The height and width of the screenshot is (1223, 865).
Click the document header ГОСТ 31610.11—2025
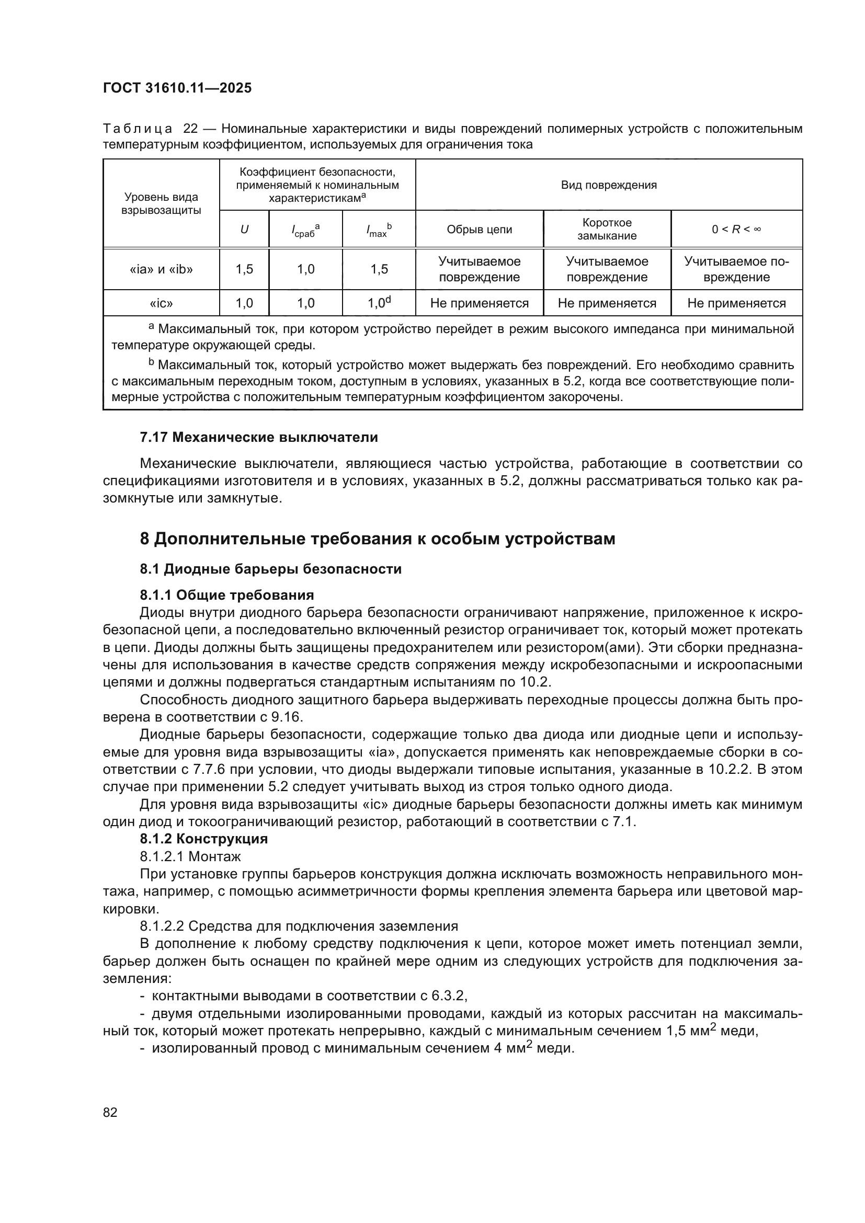[x=177, y=88]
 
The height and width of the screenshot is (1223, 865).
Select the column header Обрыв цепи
[x=479, y=230]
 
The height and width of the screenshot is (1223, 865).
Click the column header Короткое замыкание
[x=607, y=230]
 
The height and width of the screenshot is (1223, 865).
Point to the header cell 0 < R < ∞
[x=736, y=230]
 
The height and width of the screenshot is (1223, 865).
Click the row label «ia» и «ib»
[x=161, y=269]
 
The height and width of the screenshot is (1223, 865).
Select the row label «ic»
[x=161, y=304]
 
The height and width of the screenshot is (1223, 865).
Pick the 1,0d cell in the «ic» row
[x=379, y=303]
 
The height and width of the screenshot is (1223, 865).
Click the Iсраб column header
[x=305, y=230]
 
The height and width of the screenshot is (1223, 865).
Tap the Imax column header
[x=379, y=230]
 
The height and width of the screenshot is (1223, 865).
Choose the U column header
[x=244, y=230]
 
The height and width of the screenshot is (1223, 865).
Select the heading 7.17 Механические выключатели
[x=259, y=437]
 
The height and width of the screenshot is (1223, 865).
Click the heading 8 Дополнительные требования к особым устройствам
[x=377, y=539]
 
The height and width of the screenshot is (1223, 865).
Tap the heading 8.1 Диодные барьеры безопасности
[x=270, y=569]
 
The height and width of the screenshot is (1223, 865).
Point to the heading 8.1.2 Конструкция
[x=203, y=839]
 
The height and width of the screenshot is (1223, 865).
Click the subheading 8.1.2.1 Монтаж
[x=190, y=856]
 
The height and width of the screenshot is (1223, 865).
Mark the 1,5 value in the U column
[x=244, y=269]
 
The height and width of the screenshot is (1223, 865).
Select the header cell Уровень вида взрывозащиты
[x=161, y=203]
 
